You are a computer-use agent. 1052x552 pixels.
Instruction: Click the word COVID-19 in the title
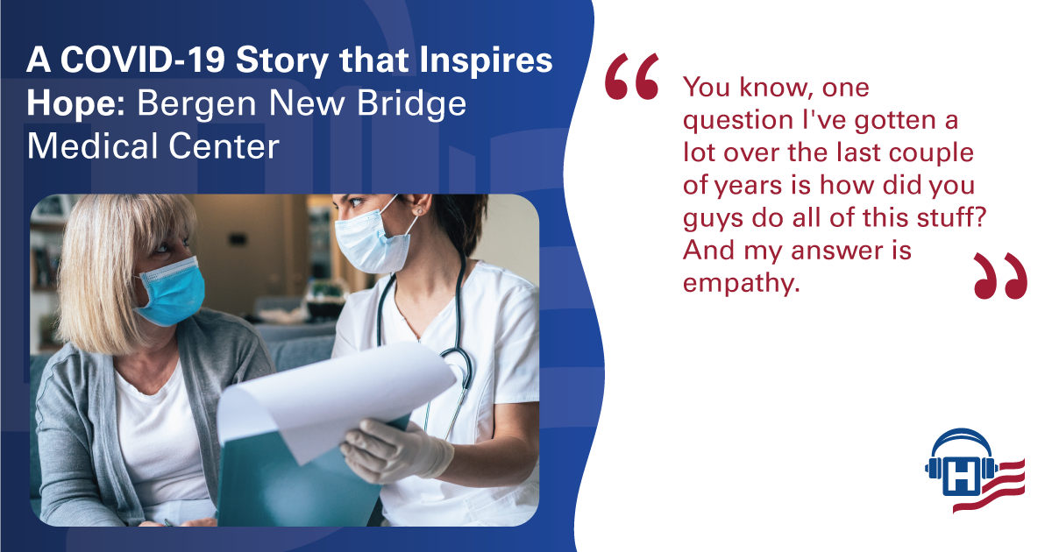coord(143,60)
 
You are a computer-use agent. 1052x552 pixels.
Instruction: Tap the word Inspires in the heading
coord(486,61)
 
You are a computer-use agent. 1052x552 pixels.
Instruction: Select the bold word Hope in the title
coord(75,103)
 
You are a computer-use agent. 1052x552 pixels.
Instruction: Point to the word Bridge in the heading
coord(411,104)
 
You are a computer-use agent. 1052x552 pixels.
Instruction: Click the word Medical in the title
coord(92,145)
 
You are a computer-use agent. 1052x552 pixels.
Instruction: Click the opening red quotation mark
coord(632,76)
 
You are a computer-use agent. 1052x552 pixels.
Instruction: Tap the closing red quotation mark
coord(1000,276)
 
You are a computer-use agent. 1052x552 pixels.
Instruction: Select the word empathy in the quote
coord(741,285)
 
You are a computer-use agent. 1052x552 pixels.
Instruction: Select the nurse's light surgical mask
coord(371,241)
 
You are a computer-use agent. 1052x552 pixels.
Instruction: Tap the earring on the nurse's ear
coord(419,212)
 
